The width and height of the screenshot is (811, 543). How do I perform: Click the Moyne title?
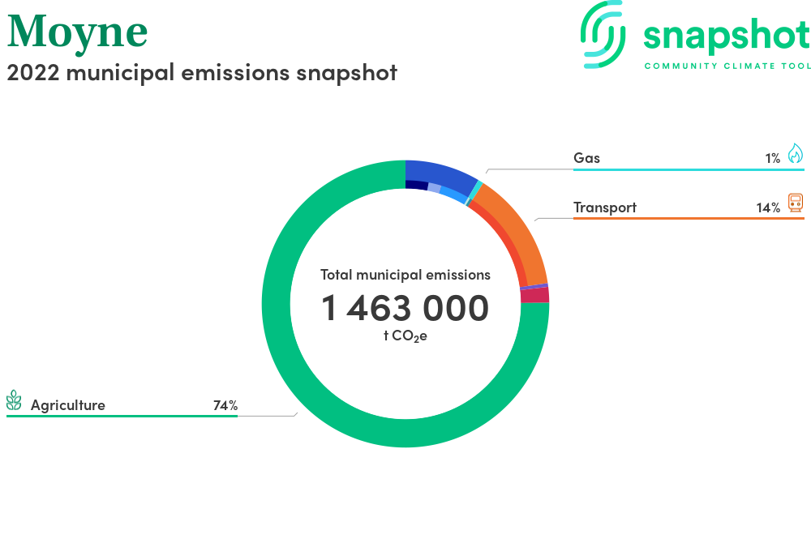(78, 33)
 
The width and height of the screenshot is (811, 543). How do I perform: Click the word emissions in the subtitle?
(235, 72)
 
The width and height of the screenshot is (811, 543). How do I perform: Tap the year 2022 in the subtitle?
(33, 72)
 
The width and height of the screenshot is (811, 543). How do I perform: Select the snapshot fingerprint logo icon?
(603, 34)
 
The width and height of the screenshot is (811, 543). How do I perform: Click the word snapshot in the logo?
(727, 36)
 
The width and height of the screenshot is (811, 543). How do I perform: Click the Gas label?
(586, 158)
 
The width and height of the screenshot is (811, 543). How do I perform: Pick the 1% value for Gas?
(772, 159)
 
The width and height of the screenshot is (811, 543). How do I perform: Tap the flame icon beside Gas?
(796, 153)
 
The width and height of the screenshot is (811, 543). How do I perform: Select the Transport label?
(605, 207)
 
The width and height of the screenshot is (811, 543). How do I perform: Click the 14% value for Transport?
(768, 207)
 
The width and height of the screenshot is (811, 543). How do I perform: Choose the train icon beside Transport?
(796, 203)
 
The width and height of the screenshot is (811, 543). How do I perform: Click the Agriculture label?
(68, 405)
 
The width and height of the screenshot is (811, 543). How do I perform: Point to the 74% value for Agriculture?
(225, 405)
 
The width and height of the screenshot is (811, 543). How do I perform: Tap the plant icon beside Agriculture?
(14, 400)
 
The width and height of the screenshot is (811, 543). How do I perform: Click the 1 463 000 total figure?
(405, 308)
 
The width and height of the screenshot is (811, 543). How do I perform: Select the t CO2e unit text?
(405, 336)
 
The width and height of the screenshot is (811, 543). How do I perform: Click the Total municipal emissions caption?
(405, 275)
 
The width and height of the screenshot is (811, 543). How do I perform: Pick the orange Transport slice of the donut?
(517, 227)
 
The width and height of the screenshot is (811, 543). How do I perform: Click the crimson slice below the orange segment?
(534, 295)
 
